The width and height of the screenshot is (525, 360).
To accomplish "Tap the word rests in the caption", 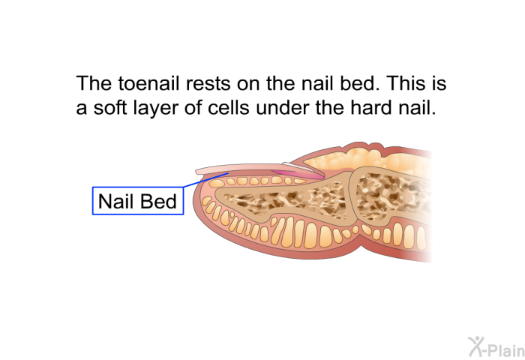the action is [x=208, y=84].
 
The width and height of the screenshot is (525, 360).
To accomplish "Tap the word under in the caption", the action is [x=283, y=107].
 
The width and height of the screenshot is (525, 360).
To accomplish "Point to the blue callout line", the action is [x=206, y=180].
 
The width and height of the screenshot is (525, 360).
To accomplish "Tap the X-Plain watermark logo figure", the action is [x=475, y=346].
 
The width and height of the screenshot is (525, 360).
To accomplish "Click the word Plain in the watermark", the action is [x=506, y=349].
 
